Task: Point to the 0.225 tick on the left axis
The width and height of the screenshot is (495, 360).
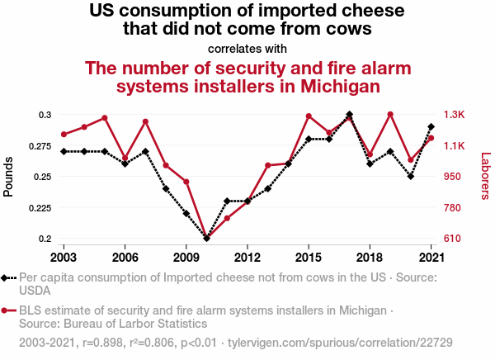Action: tap(39, 208)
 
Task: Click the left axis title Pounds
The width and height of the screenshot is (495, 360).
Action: tap(9, 177)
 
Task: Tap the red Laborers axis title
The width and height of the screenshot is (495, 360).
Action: tap(485, 176)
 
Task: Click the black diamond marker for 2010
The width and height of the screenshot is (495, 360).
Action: tap(206, 239)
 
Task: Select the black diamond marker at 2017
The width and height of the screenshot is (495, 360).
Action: tap(350, 114)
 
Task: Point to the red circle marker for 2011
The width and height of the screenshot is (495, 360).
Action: tap(227, 218)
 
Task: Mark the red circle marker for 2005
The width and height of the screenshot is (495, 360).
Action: tap(105, 118)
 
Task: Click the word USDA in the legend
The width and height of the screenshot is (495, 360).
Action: tap(35, 291)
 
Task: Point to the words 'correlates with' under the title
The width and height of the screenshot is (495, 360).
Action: tap(247, 47)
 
